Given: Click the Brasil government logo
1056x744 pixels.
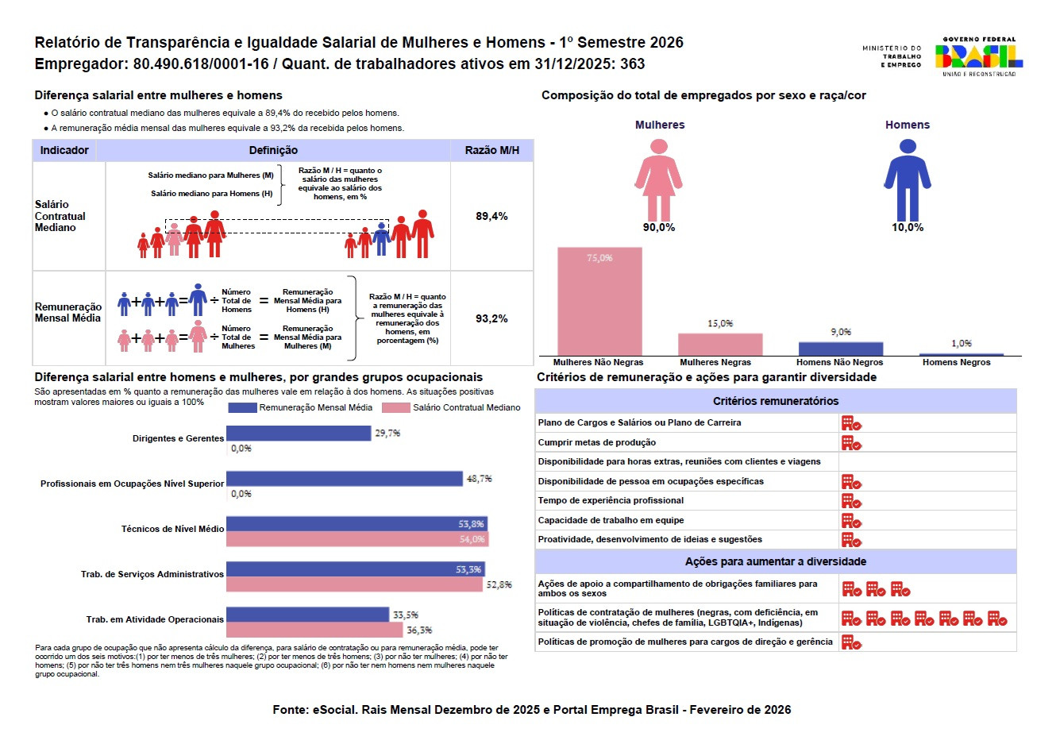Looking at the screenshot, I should point(978,56).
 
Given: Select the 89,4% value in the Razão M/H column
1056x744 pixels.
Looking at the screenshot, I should point(491,216).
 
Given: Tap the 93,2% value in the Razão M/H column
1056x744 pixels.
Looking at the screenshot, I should point(491,318).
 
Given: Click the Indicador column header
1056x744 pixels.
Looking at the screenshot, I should point(64,150).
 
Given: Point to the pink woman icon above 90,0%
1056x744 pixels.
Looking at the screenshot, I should point(658,179).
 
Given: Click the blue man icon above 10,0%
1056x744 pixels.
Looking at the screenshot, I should point(907,179).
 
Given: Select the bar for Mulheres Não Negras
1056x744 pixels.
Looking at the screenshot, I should point(599,302).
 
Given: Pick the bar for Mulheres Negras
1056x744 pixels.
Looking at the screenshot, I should point(720,344).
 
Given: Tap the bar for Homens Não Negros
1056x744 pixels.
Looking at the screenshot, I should point(840,349).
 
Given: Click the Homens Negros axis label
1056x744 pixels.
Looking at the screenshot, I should point(956,362).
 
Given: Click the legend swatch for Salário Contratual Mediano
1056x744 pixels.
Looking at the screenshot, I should point(395,407).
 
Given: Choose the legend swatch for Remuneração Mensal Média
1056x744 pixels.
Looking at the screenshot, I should point(242,407).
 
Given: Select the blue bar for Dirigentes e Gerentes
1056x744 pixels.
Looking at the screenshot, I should point(299,433).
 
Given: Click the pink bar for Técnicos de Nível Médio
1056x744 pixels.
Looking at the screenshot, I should point(356,539).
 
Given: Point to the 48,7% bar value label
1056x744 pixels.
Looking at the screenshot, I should point(480,479).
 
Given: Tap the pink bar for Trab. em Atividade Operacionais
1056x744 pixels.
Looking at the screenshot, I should point(314,630).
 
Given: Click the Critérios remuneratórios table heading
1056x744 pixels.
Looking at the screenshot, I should point(776,401).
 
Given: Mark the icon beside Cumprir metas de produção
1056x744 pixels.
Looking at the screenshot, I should point(851,442).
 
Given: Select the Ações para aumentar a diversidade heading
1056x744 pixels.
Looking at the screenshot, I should point(776,561).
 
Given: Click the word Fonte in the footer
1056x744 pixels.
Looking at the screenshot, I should point(289,710).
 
